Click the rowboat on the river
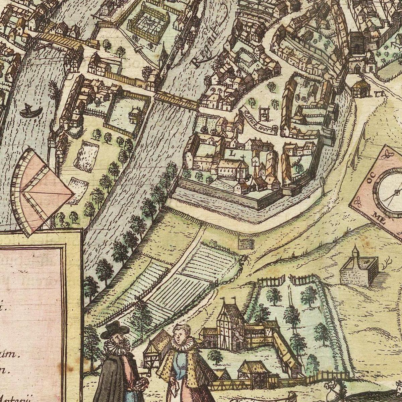(30, 111)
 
